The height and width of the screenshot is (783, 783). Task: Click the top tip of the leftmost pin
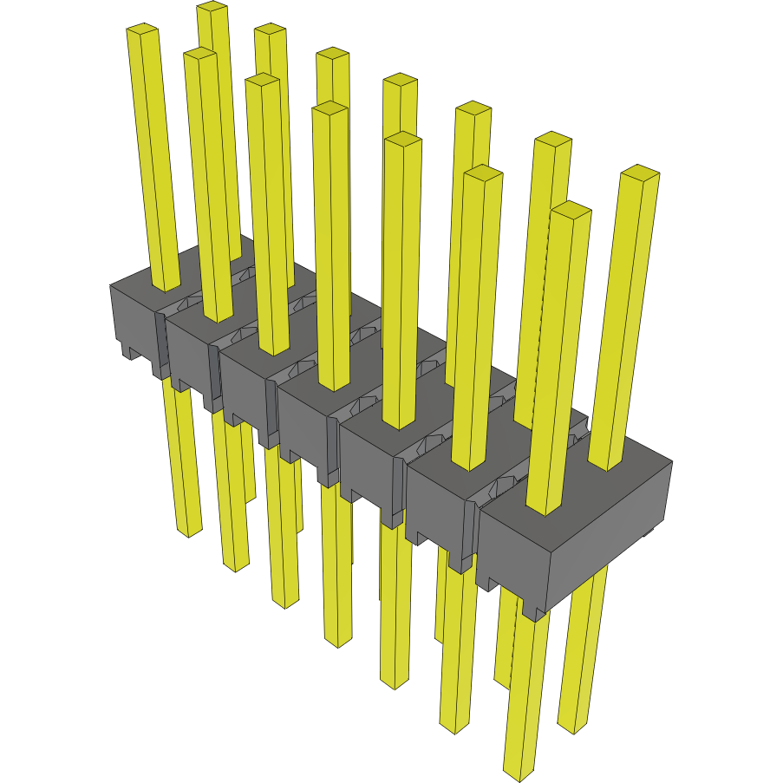[x=143, y=31]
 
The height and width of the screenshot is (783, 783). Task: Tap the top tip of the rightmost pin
[x=640, y=172]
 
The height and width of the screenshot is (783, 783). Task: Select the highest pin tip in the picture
[x=212, y=7]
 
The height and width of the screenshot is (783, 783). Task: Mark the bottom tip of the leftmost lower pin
[x=188, y=531]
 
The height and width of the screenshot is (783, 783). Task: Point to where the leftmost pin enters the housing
[x=166, y=286]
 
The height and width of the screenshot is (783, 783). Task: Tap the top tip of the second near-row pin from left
[x=200, y=55]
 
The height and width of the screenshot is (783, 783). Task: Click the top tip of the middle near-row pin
[x=330, y=108]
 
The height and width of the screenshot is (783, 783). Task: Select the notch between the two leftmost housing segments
[x=161, y=347]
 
